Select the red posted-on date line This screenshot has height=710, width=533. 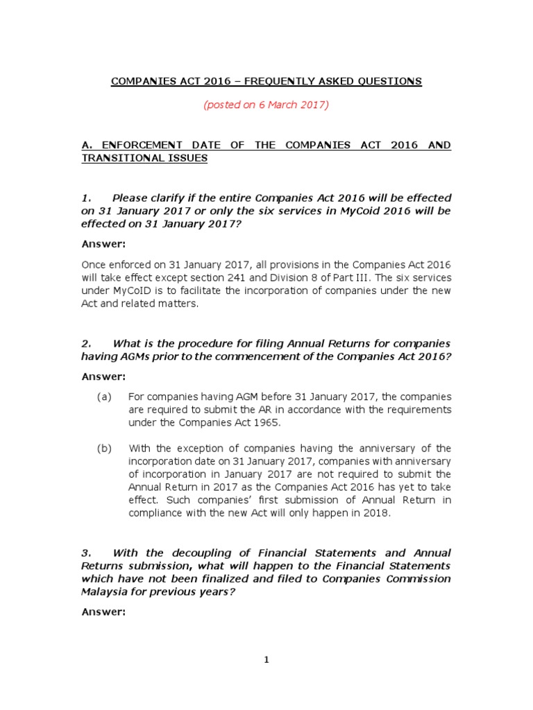266,105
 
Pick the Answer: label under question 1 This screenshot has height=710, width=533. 103,244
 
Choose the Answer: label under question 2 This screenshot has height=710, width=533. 103,376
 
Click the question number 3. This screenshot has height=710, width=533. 85,553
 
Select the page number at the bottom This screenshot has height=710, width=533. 266,659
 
